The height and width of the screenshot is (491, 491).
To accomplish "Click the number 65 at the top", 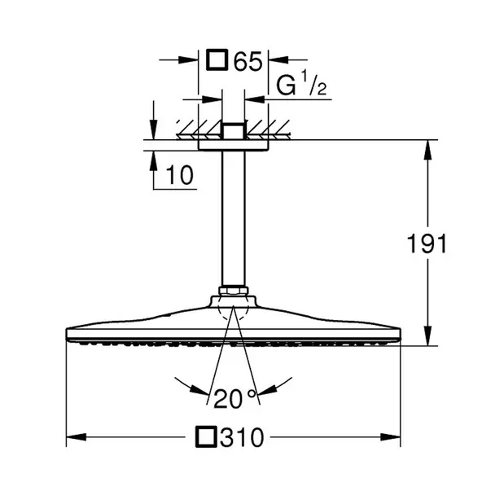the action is coord(248,61).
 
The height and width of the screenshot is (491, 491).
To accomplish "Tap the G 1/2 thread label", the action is coord(301,84).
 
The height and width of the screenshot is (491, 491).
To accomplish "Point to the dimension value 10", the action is coord(179,175).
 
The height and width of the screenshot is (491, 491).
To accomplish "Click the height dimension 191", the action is coord(427,243).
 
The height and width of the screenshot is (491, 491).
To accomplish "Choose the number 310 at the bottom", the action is coord(242,437).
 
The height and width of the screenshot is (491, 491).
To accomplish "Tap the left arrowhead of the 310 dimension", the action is coord(76,437).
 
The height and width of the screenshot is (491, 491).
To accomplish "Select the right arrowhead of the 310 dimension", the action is coord(391,437).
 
